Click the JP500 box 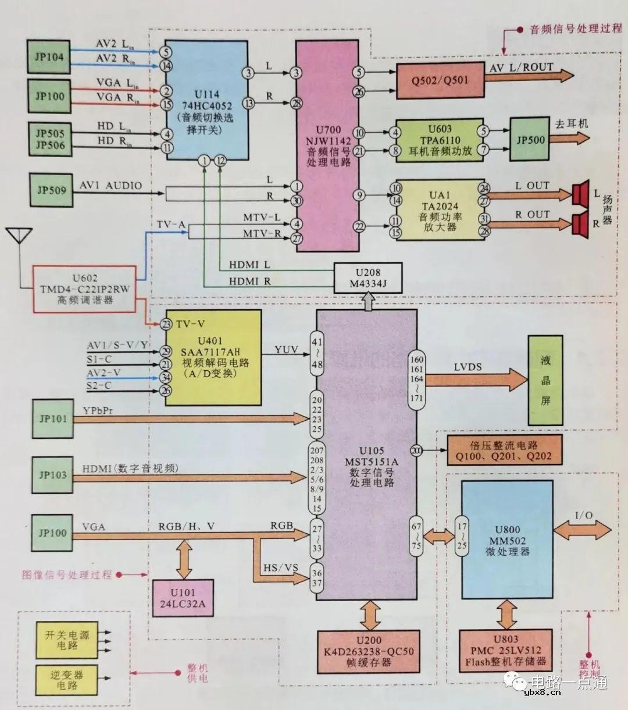(530, 140)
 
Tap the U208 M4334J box (367, 278)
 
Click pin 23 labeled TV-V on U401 (167, 324)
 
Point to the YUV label (287, 350)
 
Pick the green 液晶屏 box (545, 380)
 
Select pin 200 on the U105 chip (416, 450)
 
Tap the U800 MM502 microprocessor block (506, 539)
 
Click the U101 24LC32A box (182, 598)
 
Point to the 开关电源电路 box (67, 640)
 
